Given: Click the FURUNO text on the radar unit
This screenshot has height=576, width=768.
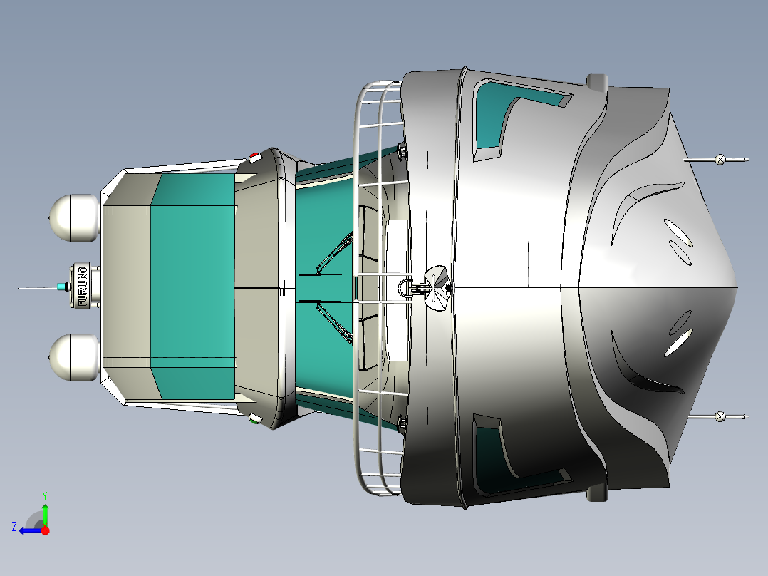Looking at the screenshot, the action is tap(83, 287).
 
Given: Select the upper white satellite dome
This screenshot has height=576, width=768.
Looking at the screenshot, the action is tap(74, 218).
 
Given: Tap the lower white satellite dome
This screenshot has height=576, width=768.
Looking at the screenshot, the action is tap(74, 357).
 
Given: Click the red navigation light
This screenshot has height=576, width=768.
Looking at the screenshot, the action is tap(254, 156).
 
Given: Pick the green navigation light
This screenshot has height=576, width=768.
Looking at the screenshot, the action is tap(254, 419).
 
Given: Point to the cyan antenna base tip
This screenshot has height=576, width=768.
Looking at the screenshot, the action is tap(61, 287).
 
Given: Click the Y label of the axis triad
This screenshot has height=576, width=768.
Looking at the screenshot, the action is tap(45, 495).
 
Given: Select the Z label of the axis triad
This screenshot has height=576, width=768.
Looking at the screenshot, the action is tap(15, 527).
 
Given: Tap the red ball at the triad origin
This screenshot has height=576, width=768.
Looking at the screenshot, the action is tap(45, 530).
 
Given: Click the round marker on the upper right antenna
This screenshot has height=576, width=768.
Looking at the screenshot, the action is tap(720, 159).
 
